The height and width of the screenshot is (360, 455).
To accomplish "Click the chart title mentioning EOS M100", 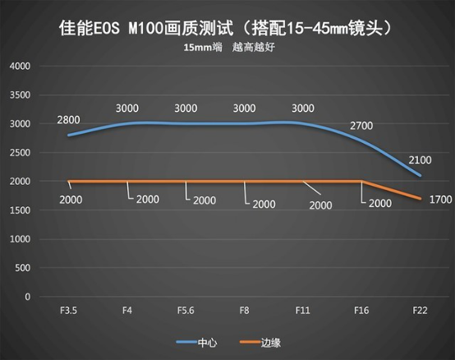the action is pos(226,29).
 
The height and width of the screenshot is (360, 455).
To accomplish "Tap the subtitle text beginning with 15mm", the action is pos(229,48).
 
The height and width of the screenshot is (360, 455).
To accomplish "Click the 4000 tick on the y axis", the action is pos(20,67).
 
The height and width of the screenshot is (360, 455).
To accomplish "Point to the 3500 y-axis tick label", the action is pos(20,95).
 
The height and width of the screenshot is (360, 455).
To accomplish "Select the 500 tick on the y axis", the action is pos(23,268).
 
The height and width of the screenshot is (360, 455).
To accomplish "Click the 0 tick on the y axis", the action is pos(28,297).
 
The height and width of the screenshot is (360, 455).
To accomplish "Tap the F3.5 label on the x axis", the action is pos(68,311).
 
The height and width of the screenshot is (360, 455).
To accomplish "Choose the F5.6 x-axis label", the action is pos(186,311).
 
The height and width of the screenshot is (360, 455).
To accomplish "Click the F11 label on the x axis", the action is pos(303,311).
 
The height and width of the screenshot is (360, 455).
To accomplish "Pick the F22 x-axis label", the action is pos(420,311).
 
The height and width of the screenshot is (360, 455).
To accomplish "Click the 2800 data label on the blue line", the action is pos(68,120).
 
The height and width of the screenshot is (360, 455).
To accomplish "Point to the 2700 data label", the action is pos(361,126).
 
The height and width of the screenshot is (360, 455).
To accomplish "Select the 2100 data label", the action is pos(420,160).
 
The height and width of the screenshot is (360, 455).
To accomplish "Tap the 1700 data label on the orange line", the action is pos(440,200).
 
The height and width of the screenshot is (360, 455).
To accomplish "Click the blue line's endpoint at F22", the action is pos(420,175).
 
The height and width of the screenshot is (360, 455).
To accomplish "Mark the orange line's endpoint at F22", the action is pos(420,199).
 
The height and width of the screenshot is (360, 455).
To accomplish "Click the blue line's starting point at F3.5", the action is pos(68,135).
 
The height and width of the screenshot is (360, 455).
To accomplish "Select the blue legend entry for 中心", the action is pos(197,343).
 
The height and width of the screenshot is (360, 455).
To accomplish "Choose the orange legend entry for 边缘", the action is pos(260,343).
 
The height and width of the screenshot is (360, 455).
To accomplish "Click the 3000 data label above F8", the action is pos(244,108).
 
